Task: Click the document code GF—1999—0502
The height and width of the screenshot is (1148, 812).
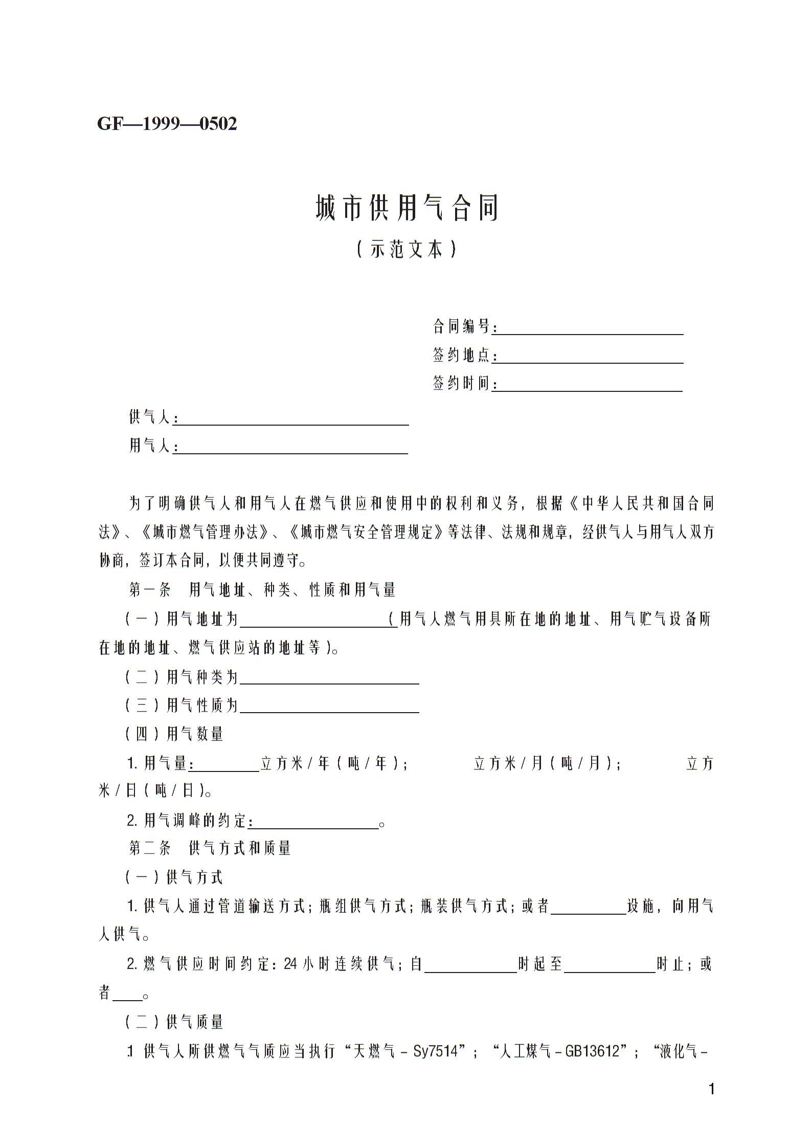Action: point(167,124)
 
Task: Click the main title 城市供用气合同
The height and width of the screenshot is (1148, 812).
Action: point(407,208)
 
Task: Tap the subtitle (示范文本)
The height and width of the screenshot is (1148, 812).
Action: point(406,249)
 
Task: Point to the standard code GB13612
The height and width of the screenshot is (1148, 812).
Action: point(596,1051)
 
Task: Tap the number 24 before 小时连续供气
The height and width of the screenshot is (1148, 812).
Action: point(290,964)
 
